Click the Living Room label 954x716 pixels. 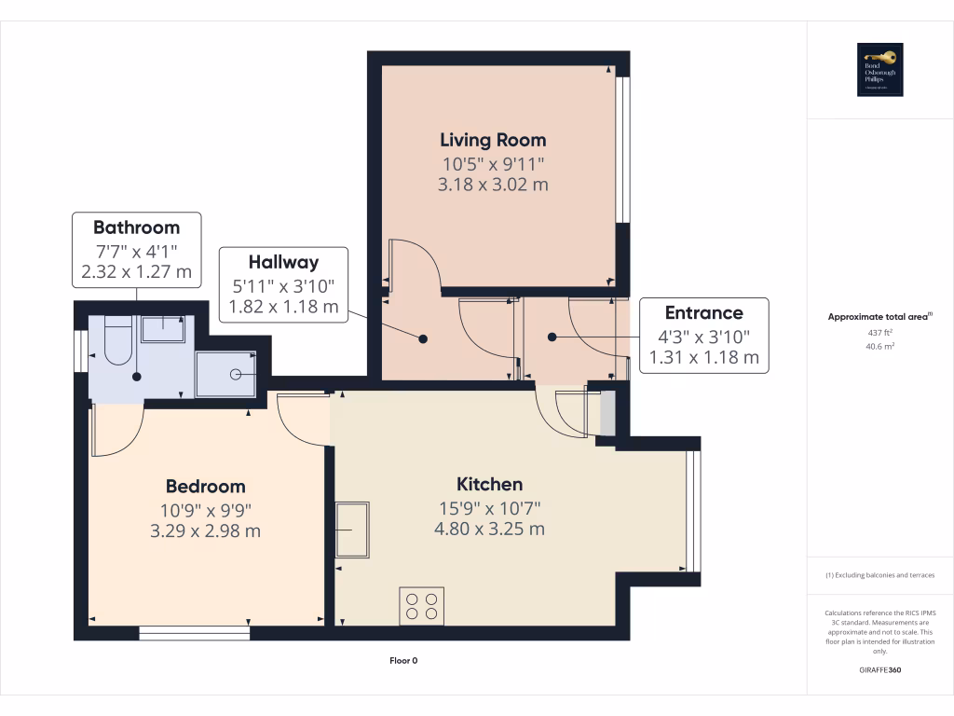point(493,140)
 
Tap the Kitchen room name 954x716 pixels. point(489,484)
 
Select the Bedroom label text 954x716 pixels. point(205,486)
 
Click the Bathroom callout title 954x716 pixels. point(136,227)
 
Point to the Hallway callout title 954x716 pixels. point(283,262)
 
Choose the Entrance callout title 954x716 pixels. point(703,313)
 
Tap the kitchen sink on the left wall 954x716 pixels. point(352,530)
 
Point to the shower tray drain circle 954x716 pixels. point(236,374)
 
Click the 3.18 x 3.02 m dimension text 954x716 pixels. point(493,185)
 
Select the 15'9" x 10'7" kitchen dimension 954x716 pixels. point(489,508)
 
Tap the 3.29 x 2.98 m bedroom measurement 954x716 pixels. point(205,531)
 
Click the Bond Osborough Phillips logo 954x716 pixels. point(879,70)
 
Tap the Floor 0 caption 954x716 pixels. point(403,661)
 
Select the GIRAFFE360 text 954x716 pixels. point(879,670)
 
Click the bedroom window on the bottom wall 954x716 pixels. point(195,633)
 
